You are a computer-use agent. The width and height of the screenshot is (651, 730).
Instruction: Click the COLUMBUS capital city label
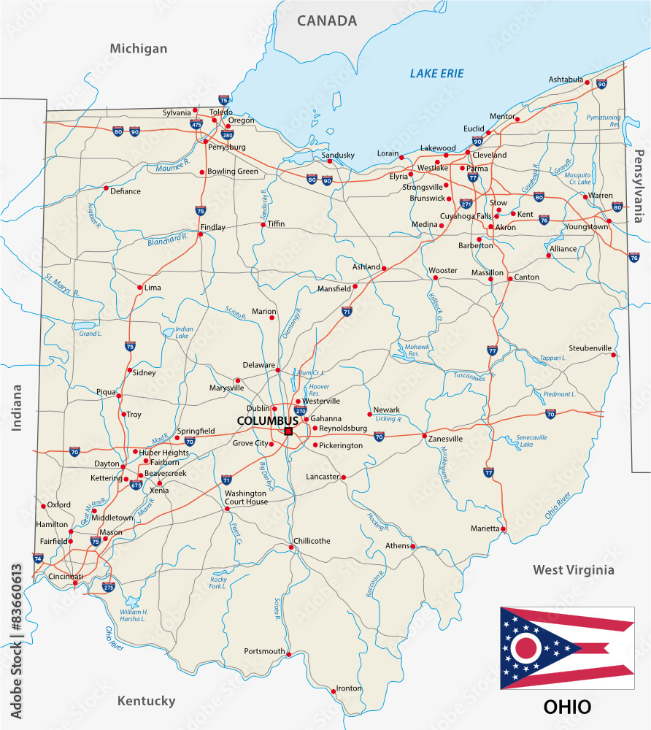[x=267, y=421]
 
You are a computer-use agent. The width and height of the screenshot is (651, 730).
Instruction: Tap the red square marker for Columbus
[x=288, y=431]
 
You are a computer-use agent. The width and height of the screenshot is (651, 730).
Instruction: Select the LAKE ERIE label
[x=436, y=74]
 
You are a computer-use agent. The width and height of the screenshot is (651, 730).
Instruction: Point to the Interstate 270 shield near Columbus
[x=299, y=411]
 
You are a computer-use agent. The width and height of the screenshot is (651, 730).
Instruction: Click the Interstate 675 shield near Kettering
[x=136, y=484]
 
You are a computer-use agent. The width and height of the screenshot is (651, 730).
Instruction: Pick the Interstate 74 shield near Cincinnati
[x=38, y=558]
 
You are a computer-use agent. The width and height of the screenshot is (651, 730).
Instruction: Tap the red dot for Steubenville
[x=615, y=356]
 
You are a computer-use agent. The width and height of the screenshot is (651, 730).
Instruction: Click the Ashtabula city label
[x=566, y=79]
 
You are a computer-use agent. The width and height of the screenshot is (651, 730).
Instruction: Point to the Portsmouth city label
[x=264, y=651]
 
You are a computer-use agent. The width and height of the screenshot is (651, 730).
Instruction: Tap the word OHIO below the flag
[x=567, y=707]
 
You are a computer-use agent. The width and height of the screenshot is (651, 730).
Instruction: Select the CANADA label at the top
[x=327, y=20]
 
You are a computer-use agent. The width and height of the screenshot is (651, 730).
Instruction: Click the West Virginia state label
[x=573, y=569]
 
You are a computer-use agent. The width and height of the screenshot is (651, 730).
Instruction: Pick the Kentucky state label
[x=146, y=701]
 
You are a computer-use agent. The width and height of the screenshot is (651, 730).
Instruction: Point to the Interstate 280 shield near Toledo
[x=228, y=134]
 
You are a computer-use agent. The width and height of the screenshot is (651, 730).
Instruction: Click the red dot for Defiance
[x=106, y=188]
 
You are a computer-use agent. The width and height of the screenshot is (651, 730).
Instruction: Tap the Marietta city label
[x=485, y=528]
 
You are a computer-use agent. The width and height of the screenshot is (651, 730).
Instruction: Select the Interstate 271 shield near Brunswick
[x=466, y=204]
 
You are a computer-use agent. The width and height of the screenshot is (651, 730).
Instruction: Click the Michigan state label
[x=139, y=49]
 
